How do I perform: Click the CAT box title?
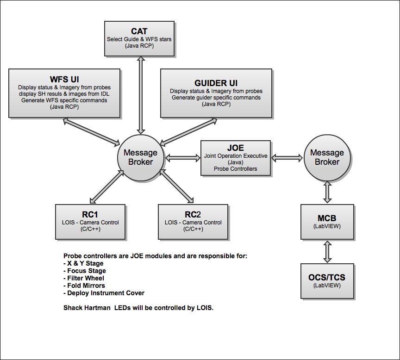point(139,31)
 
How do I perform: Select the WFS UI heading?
point(64,79)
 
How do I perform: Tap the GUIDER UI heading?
point(216,83)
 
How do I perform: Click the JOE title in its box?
point(236,148)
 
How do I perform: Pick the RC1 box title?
point(90,214)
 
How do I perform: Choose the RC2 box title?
point(193,214)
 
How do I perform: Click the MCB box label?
point(327,218)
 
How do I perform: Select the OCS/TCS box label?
point(327,277)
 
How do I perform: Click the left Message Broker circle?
point(141,158)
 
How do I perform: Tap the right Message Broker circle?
point(327,158)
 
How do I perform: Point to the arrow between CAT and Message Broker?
point(141,95)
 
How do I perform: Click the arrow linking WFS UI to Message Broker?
point(91,132)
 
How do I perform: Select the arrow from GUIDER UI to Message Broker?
point(188,131)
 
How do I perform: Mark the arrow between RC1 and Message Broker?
point(107,187)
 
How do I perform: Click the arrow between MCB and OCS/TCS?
point(327,252)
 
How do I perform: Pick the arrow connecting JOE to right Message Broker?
point(287,158)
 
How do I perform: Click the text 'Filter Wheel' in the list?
point(86,278)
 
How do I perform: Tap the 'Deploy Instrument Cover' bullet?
point(104,293)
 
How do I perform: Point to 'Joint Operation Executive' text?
point(236,156)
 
